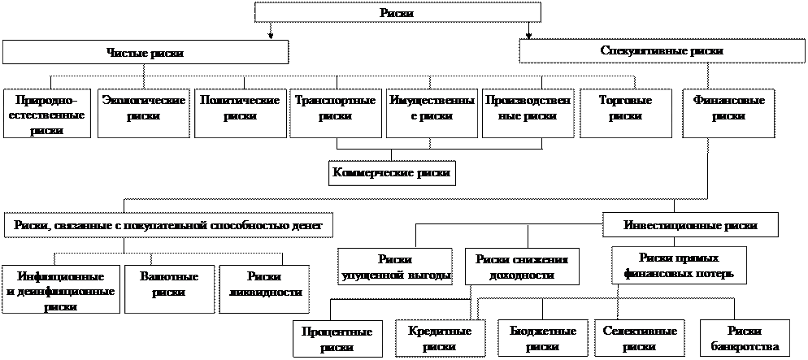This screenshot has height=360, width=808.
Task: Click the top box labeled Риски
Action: tap(397, 12)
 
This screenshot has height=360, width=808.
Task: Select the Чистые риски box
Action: tap(146, 53)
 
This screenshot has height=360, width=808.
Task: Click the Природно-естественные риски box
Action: tap(46, 113)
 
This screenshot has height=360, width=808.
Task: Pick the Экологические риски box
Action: tap(143, 108)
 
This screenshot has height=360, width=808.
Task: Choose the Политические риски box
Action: tap(239, 108)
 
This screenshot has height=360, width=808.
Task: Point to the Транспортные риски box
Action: tap(335, 108)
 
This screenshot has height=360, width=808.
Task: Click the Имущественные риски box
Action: tap(432, 108)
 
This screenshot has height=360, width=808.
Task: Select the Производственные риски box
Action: tap(528, 108)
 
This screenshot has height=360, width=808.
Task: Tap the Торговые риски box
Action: tap(625, 108)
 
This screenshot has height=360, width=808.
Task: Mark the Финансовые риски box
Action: tap(728, 108)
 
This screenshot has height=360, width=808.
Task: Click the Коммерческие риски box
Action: tap(392, 173)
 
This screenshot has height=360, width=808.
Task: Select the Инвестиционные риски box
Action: tap(690, 225)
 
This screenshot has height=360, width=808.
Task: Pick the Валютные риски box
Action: tap(169, 285)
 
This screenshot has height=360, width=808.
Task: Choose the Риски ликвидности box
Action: tap(265, 285)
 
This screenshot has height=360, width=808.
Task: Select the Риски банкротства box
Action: tap(745, 339)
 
